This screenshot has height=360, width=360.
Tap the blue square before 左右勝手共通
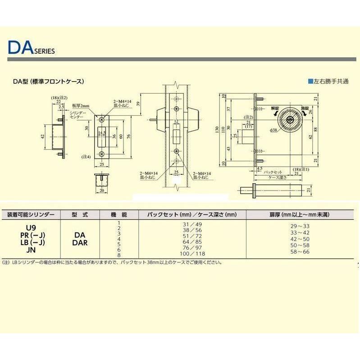(x=310, y=82)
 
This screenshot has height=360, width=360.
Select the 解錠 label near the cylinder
(x=275, y=109)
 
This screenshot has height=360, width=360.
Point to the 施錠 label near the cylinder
(x=305, y=109)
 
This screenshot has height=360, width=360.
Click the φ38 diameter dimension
(x=274, y=130)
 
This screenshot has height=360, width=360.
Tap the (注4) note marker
(x=86, y=157)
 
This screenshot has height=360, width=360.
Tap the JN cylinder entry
(x=30, y=247)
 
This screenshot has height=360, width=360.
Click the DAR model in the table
(x=79, y=242)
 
